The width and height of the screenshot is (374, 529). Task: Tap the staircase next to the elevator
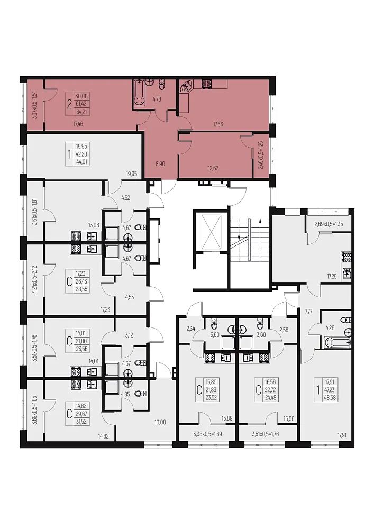point(250,239)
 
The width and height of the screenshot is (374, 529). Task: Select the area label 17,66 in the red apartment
point(218,124)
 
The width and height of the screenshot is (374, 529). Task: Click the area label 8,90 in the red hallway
point(160,164)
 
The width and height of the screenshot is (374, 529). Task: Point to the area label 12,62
point(213,168)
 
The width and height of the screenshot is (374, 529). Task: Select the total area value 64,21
point(81,111)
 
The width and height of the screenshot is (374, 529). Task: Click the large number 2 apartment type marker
point(69,104)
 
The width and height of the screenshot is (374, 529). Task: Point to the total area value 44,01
point(81,161)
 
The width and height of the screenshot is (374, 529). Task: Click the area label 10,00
point(160,422)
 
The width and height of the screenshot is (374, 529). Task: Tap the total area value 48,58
point(330,397)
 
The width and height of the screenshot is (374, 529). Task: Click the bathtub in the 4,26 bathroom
point(336,342)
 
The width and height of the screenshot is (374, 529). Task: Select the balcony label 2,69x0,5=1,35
point(329,224)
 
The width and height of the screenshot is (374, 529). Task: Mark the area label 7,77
point(308,312)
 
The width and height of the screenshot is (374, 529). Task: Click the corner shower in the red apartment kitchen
point(186,88)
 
